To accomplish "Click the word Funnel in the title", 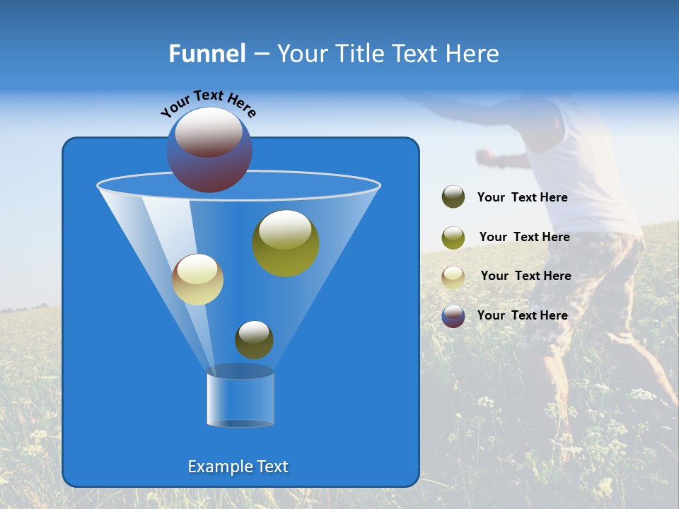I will (x=207, y=54).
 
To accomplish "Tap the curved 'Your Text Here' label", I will (x=209, y=103).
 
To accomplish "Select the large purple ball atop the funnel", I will (x=209, y=150).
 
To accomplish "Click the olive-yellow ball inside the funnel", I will (x=286, y=243).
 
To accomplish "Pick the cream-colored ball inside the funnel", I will (x=198, y=279).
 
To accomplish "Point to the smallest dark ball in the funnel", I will (x=254, y=339).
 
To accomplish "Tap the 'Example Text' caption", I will (x=238, y=467).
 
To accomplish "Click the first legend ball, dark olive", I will (x=453, y=197).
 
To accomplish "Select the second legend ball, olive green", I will (x=453, y=238).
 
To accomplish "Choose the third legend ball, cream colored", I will (x=453, y=277).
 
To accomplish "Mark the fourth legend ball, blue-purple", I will (x=453, y=316).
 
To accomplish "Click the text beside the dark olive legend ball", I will (x=522, y=197).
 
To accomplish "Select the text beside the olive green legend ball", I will (x=524, y=237).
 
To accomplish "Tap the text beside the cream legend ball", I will (x=526, y=276).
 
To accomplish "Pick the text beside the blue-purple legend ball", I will (x=522, y=315).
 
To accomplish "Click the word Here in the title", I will (x=473, y=54).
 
